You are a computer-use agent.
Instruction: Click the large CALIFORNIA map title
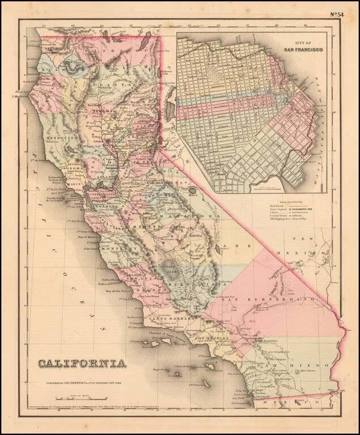click(x=82, y=363)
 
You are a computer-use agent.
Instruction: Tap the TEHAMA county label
click(x=103, y=112)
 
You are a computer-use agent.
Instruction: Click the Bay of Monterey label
click(x=85, y=233)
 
